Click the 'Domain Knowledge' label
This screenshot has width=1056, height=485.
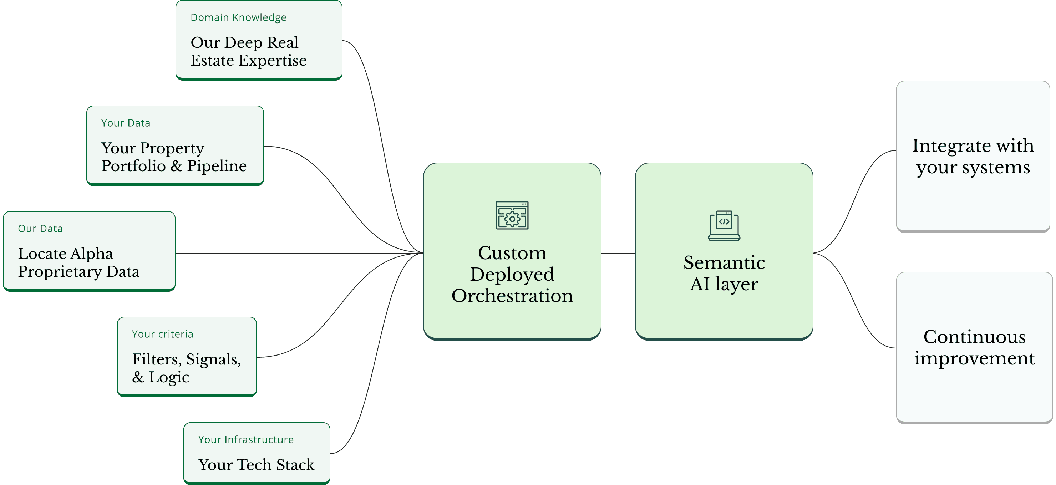click(238, 17)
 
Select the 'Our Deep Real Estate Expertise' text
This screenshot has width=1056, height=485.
click(248, 51)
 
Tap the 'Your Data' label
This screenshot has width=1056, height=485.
click(126, 123)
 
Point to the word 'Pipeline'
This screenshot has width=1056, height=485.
click(217, 166)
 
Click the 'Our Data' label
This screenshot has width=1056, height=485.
click(40, 229)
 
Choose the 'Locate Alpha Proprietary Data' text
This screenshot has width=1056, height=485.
click(78, 262)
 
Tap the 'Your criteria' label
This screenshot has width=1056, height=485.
click(162, 334)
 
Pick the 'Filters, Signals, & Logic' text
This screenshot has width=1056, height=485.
click(186, 368)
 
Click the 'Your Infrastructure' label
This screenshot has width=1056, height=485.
click(245, 439)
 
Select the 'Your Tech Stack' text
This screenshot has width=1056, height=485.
click(256, 465)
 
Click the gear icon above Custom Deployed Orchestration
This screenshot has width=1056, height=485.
click(512, 215)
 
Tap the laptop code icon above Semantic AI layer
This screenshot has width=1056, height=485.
click(724, 226)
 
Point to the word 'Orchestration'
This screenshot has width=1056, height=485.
click(512, 296)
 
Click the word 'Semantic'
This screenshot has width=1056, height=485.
click(724, 262)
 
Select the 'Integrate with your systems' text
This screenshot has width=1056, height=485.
click(973, 157)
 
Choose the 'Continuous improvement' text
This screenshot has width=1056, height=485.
click(974, 347)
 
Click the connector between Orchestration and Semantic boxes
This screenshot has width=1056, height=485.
click(618, 253)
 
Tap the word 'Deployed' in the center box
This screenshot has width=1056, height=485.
click(512, 275)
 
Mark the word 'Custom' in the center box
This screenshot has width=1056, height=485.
click(512, 253)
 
